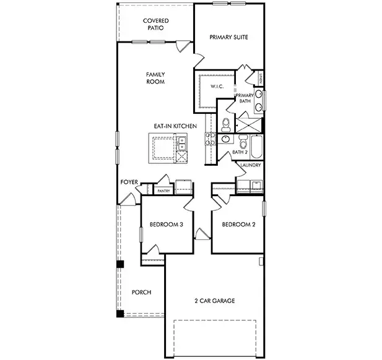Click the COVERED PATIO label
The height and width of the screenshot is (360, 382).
[x=155, y=24]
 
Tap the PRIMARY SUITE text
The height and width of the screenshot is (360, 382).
[x=228, y=37]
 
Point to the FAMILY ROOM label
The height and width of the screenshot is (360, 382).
[x=155, y=77]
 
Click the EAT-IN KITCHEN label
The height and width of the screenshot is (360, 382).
[x=175, y=126]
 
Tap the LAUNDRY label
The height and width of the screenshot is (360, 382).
[x=250, y=166]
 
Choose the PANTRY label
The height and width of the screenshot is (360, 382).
[x=163, y=191]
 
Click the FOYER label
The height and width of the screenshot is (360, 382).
[x=129, y=182]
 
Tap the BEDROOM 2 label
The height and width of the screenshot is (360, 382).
[x=238, y=225]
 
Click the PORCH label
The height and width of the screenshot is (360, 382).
[x=142, y=292]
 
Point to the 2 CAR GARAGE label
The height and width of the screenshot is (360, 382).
[x=215, y=301]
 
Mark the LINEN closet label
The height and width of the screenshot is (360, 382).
[x=262, y=79]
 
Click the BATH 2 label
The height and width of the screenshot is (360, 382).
[x=240, y=152]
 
